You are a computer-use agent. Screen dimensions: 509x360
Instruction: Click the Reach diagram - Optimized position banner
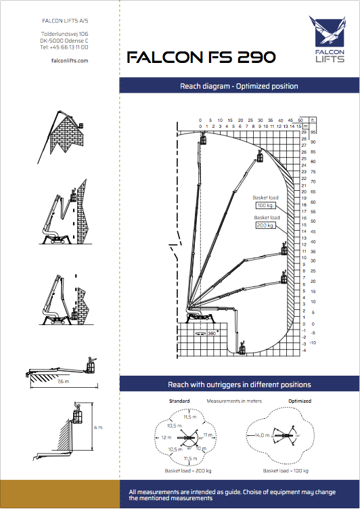(x=239, y=86)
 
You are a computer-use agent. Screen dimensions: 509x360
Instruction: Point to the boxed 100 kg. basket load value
(x=265, y=204)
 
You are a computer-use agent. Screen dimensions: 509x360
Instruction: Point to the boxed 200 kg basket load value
(x=265, y=225)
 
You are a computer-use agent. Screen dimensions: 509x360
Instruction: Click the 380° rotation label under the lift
(x=211, y=334)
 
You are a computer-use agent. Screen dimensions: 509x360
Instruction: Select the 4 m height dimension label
(x=98, y=428)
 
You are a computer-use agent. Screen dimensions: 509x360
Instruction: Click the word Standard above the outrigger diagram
(x=179, y=401)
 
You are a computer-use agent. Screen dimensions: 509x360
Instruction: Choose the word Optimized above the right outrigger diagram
(x=298, y=401)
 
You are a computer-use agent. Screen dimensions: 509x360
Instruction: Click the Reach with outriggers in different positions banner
(x=239, y=384)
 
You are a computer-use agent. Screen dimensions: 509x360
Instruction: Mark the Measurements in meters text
(x=233, y=401)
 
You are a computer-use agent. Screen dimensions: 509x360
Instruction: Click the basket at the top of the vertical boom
(x=203, y=140)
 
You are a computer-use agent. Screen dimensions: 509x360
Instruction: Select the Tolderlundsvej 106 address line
(x=64, y=33)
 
